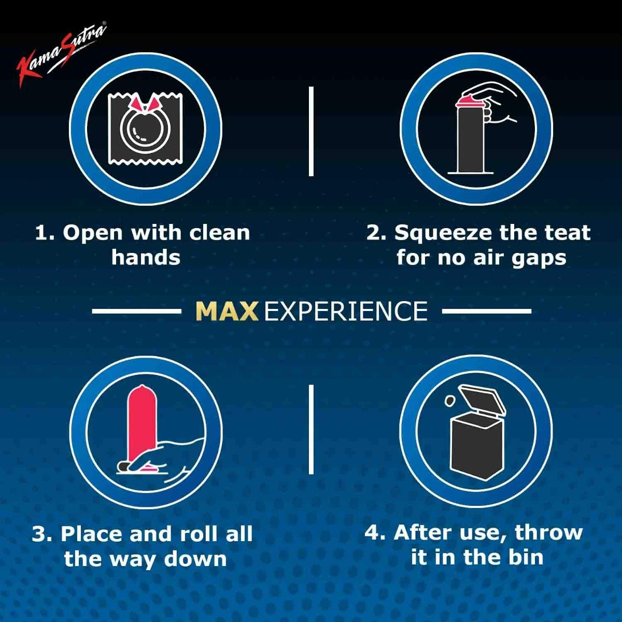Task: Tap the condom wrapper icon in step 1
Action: (145, 129)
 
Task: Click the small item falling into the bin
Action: (449, 401)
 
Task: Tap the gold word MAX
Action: (228, 311)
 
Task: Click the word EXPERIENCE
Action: (346, 311)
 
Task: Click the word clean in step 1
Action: (219, 233)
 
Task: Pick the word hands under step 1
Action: (146, 258)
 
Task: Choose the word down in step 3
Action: (195, 559)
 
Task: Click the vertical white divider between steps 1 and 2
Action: (311, 131)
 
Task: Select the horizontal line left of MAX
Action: (137, 311)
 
